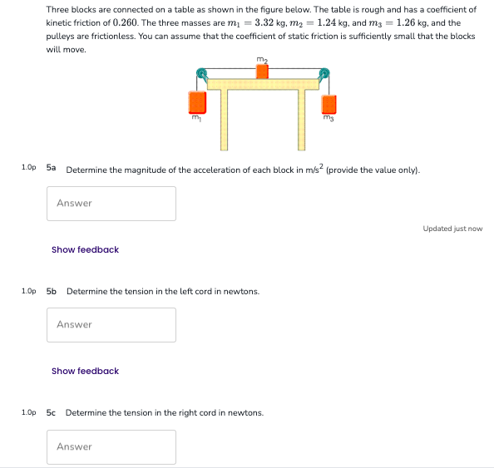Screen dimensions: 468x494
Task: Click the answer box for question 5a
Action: pyautogui.click(x=111, y=204)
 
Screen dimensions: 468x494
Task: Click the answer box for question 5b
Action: pyautogui.click(x=111, y=325)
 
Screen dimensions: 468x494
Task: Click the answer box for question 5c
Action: pyautogui.click(x=111, y=447)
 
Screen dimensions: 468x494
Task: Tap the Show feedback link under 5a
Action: pyautogui.click(x=85, y=249)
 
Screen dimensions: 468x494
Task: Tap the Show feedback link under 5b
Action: pyautogui.click(x=85, y=371)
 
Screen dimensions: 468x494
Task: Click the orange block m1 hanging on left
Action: pyautogui.click(x=197, y=102)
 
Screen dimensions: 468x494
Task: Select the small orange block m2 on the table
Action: pyautogui.click(x=263, y=71)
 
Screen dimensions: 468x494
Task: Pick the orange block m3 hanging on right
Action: pyautogui.click(x=329, y=104)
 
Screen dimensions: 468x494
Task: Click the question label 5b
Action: pyautogui.click(x=52, y=291)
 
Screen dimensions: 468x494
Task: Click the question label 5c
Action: pyautogui.click(x=52, y=412)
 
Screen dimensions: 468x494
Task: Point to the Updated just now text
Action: pyautogui.click(x=452, y=229)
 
